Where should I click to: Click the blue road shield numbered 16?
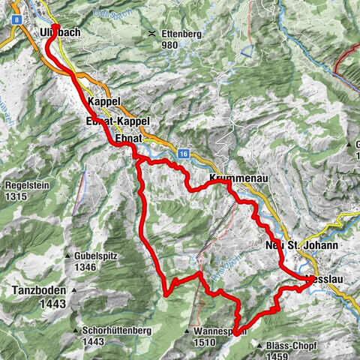pyautogui.click(x=182, y=153)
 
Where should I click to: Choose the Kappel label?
pyautogui.click(x=103, y=101)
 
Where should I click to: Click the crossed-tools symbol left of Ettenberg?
pyautogui.click(x=153, y=34)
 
